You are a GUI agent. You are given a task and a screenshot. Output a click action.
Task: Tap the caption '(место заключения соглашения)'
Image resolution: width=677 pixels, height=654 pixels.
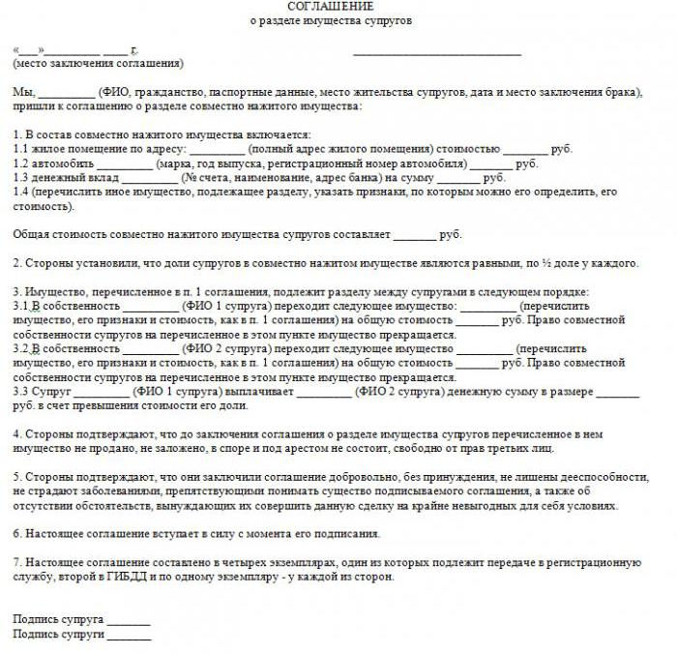[98, 63]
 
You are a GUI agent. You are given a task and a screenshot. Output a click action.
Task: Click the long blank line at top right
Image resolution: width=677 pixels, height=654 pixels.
[437, 52]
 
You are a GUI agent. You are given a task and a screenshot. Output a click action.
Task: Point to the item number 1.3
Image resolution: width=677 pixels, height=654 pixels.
[22, 178]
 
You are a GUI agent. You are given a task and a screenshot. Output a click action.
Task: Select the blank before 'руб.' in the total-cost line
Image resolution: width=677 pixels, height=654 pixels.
[415, 235]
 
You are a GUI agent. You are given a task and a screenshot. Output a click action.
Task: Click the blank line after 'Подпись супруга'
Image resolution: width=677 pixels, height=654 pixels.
[129, 621]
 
